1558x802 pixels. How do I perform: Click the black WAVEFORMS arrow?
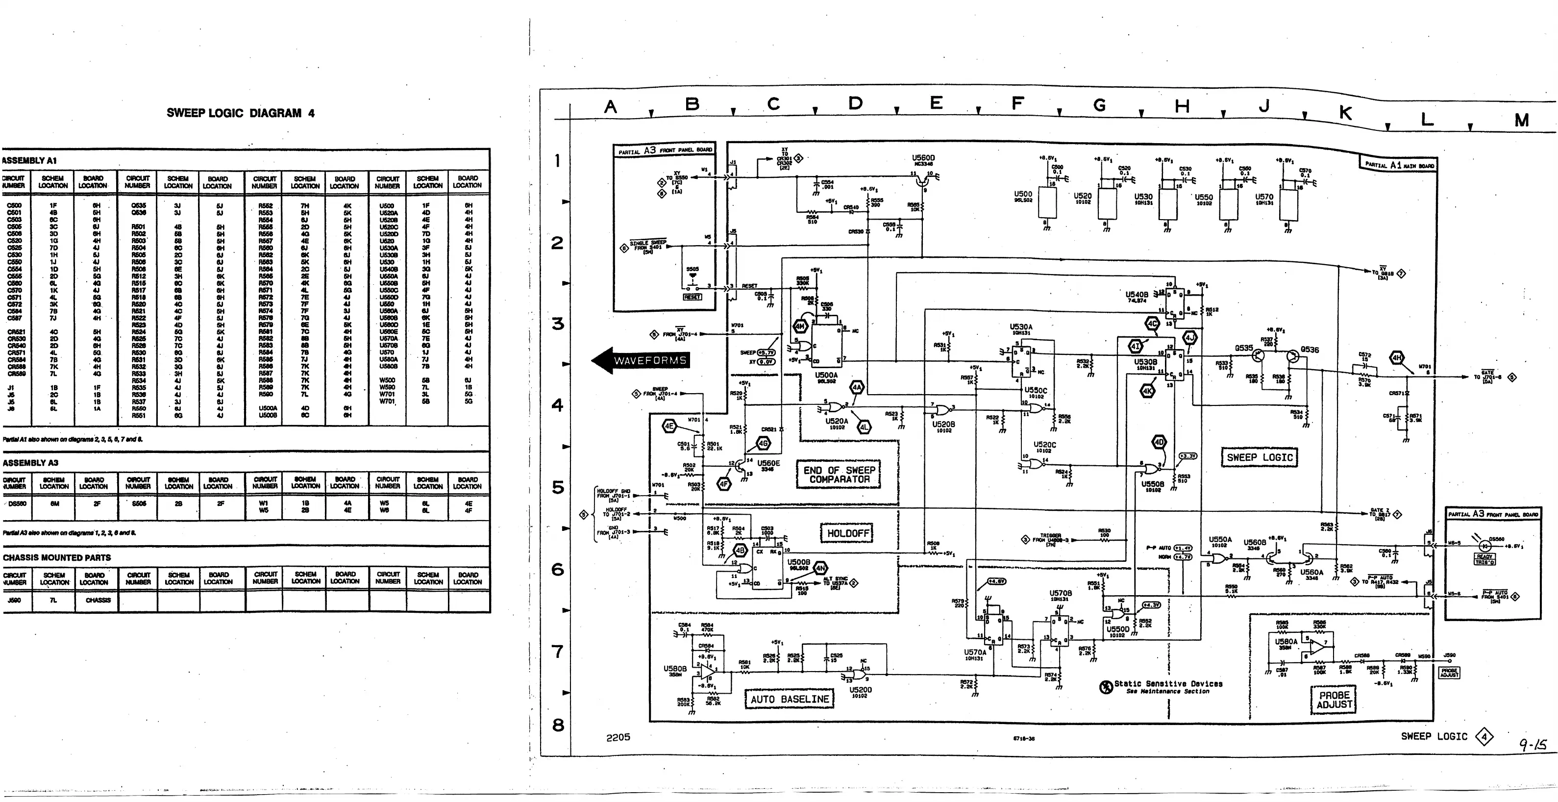tap(641, 360)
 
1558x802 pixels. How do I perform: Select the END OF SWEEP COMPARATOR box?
tap(839, 475)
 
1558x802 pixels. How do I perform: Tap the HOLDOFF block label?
tap(848, 533)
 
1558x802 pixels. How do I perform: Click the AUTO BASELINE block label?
tap(789, 699)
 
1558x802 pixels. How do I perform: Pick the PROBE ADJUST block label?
tap(1334, 700)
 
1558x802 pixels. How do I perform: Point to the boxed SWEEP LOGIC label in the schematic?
tap(1259, 457)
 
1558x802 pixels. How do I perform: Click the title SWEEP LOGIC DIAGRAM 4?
tap(240, 113)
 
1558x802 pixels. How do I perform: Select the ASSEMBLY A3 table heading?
tap(30, 463)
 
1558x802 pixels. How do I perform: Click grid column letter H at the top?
tap(1181, 106)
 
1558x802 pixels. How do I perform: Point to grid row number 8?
tap(558, 725)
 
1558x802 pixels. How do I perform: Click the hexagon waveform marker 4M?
tap(801, 326)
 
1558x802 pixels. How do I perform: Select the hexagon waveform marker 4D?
tap(1159, 442)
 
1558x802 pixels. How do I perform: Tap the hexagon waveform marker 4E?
tap(669, 426)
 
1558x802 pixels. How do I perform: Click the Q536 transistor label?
tap(1310, 350)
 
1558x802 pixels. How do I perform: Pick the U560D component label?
tap(923, 158)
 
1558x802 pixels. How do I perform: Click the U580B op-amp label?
tap(675, 669)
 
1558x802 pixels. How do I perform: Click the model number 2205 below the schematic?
tap(618, 737)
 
